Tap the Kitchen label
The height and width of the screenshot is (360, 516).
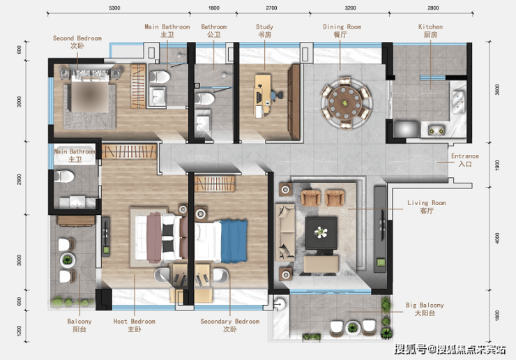430,31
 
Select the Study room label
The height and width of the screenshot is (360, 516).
264,31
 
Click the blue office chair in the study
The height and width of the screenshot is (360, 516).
276,95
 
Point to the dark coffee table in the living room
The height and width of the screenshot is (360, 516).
321,233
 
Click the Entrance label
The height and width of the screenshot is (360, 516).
464,160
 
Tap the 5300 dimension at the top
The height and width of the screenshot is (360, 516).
114,8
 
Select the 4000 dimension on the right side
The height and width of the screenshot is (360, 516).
497,238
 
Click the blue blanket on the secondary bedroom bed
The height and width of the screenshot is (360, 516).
234,241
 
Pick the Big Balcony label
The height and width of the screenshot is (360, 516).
425,309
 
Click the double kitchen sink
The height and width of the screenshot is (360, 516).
458,101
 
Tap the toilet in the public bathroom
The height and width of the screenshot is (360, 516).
204,98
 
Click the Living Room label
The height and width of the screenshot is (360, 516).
427,207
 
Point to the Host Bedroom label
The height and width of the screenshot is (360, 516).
135,325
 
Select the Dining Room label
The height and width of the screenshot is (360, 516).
342,31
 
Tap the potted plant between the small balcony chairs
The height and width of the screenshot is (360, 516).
68,260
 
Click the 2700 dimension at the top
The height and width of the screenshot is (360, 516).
271,8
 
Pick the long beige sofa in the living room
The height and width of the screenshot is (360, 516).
285,232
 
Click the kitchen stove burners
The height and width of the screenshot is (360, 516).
436,130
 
